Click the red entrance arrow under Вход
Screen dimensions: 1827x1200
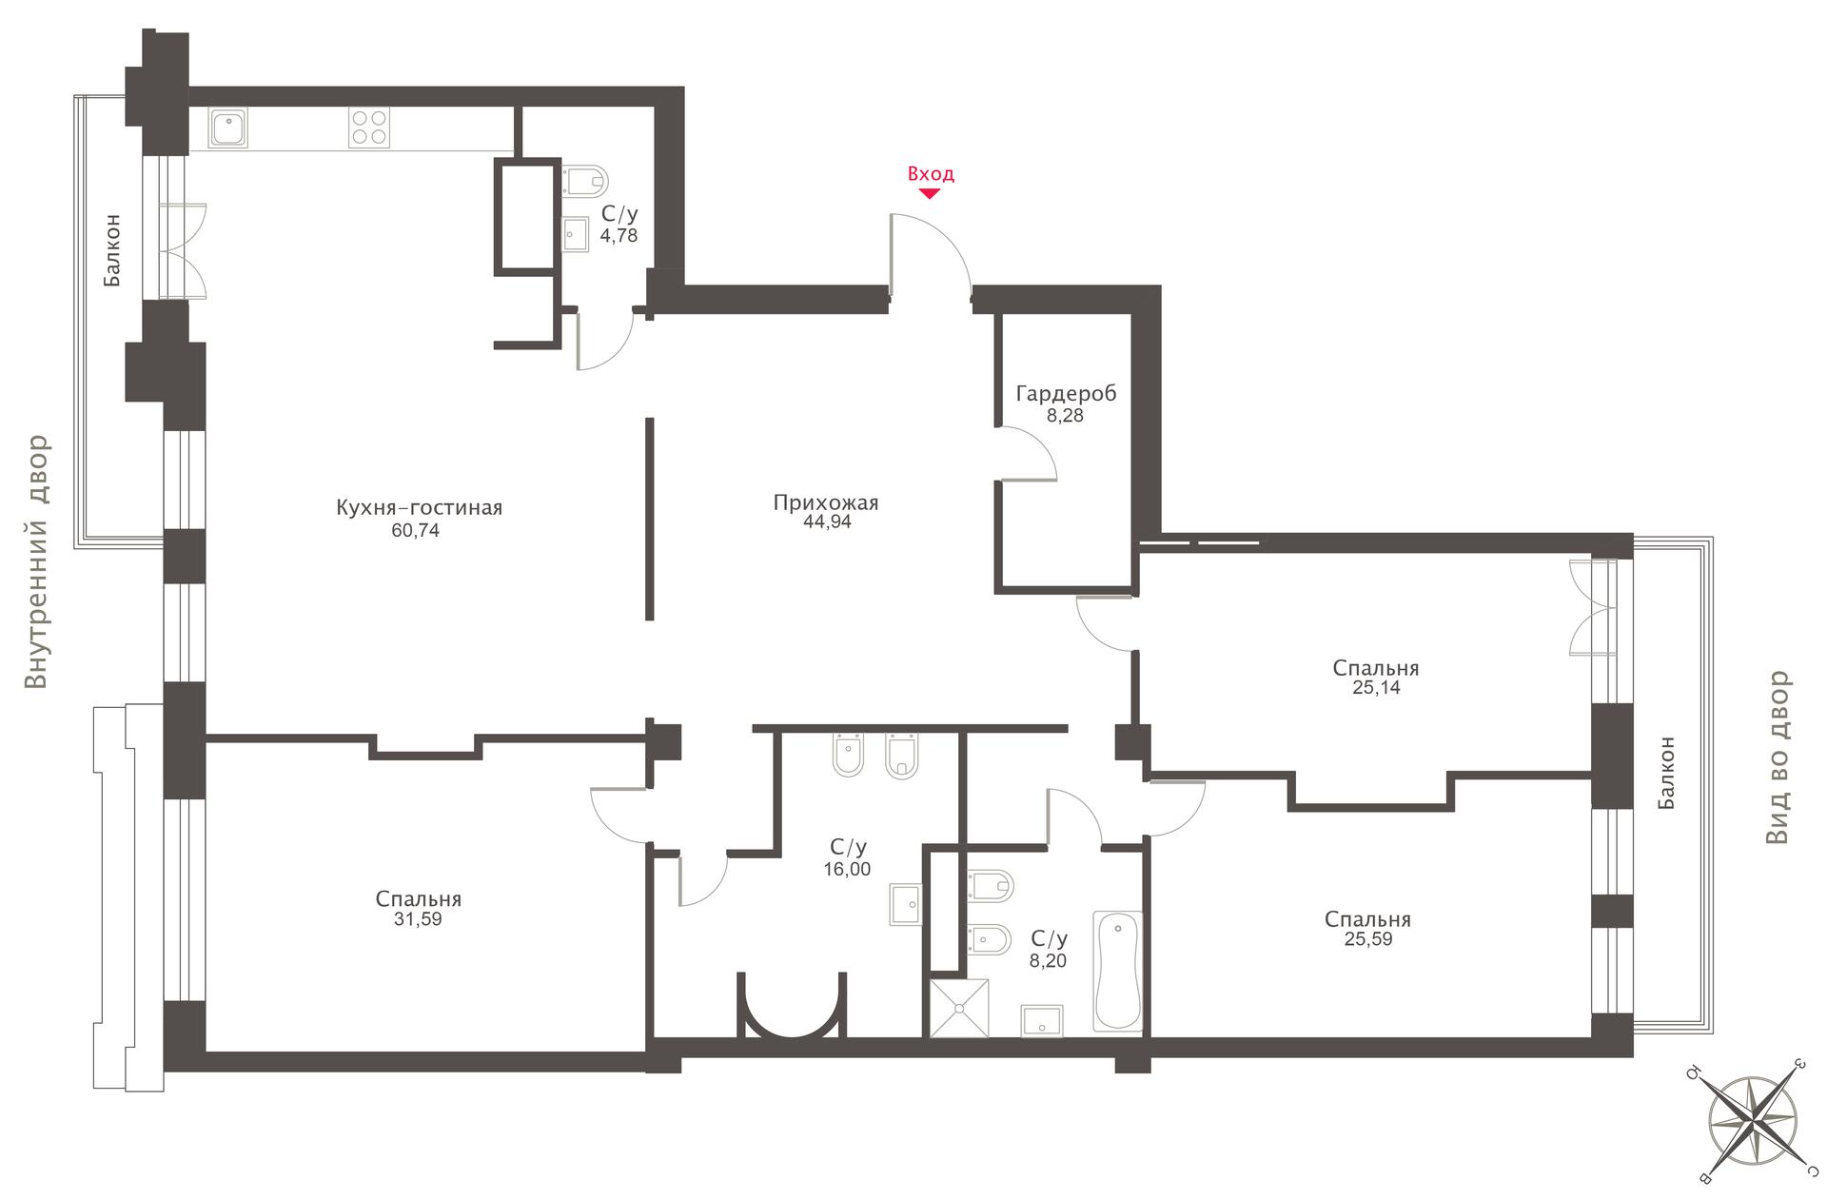(930, 193)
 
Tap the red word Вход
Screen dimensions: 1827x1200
(931, 174)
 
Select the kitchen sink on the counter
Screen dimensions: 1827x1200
(229, 128)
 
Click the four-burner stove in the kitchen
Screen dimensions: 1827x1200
(369, 128)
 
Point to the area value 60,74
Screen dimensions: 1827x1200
(416, 531)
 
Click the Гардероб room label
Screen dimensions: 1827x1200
(1066, 393)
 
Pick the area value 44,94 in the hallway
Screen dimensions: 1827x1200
(827, 521)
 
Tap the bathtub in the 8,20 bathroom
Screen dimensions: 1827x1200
(1118, 971)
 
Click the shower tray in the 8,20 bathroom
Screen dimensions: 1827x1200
(959, 1008)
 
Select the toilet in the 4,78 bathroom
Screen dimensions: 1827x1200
(585, 179)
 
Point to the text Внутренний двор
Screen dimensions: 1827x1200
(36, 562)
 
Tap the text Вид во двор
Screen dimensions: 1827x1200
(1778, 757)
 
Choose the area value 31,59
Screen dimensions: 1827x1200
(419, 920)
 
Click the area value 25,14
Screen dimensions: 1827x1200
(1376, 688)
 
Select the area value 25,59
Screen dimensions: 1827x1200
(1368, 939)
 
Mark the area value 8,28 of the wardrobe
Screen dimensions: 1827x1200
(1065, 416)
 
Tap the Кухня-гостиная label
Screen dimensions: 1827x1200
(419, 508)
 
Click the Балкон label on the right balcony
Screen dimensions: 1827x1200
(1666, 773)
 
